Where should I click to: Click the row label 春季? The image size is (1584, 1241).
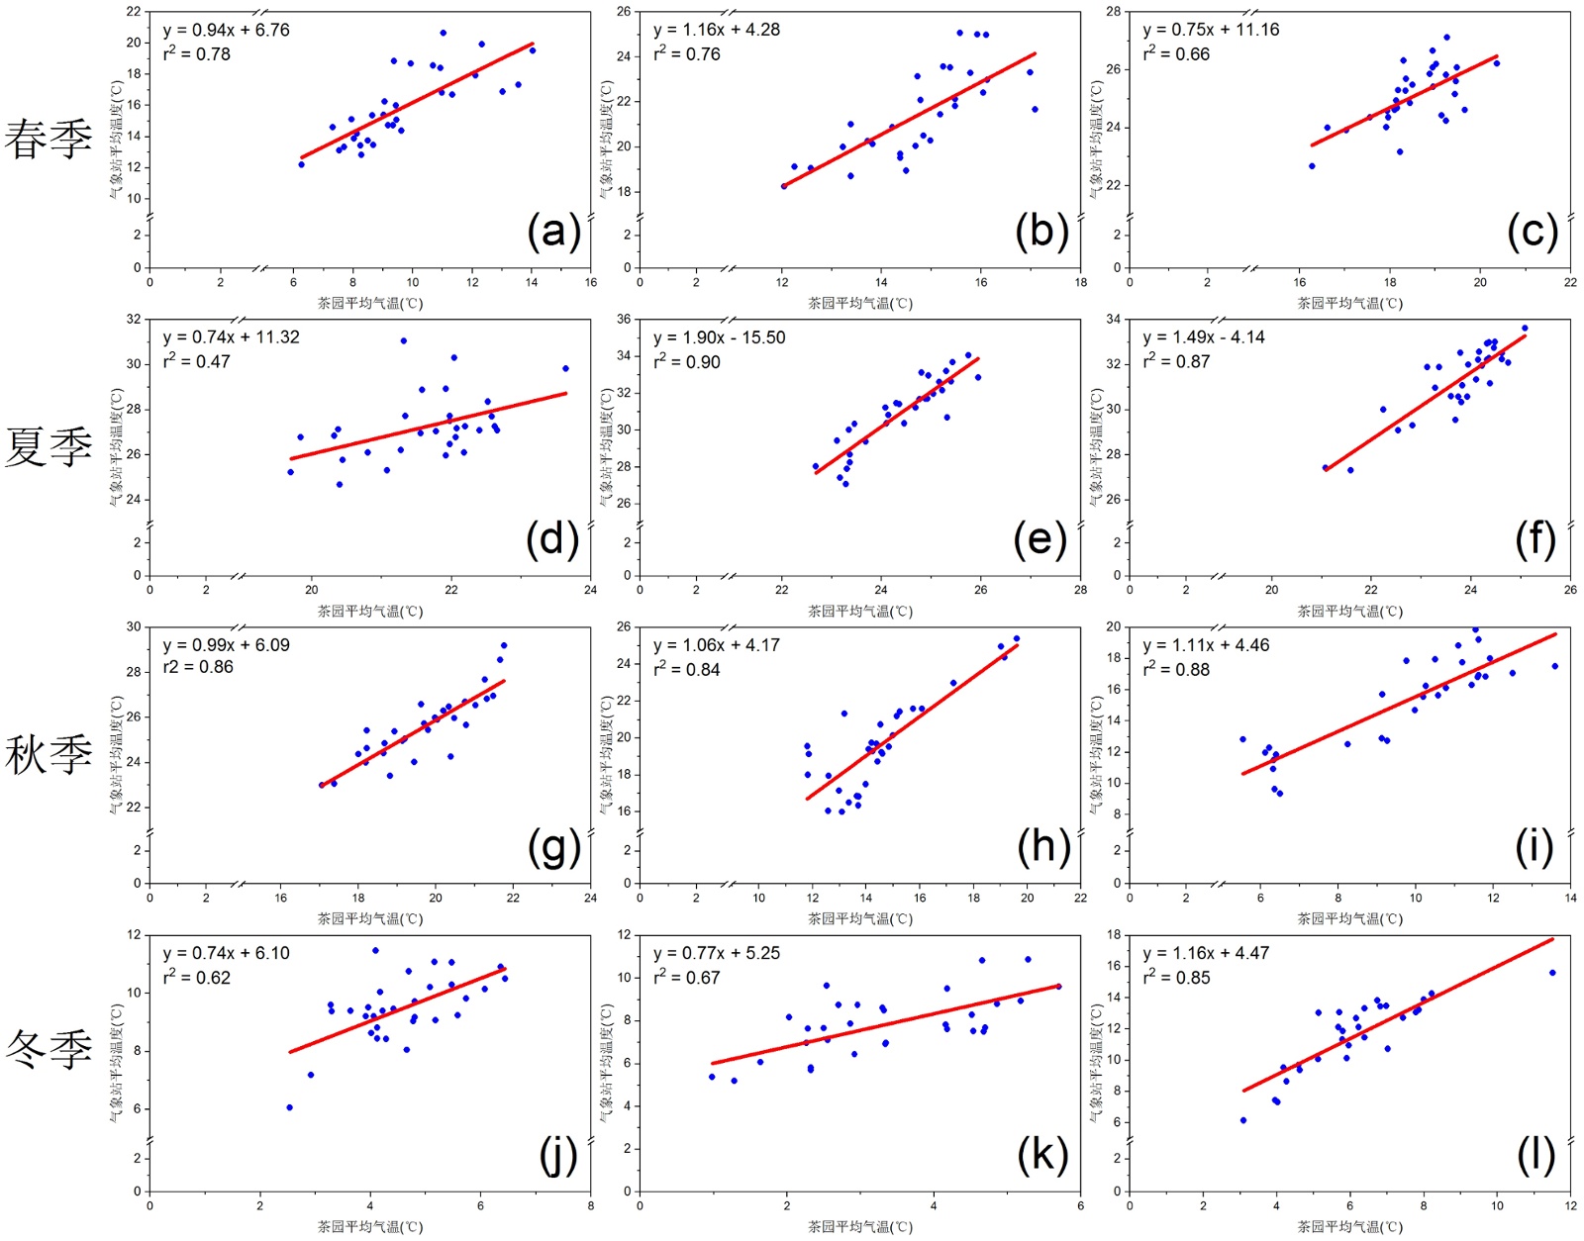[x=49, y=139]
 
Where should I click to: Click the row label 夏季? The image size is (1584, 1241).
[x=49, y=446]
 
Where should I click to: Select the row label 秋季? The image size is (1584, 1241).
[x=49, y=755]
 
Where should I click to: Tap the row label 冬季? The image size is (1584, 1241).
[x=49, y=1049]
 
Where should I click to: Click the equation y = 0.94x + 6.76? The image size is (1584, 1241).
[x=227, y=30]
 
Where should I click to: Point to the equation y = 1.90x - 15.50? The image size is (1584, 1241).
[x=719, y=337]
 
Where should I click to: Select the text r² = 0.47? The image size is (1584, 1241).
[x=197, y=362]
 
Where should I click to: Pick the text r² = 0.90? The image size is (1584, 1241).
[x=687, y=362]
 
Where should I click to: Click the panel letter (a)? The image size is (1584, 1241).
[x=553, y=232]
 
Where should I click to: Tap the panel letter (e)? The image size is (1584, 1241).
[x=1040, y=539]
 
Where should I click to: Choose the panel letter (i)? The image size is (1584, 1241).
[x=1534, y=847]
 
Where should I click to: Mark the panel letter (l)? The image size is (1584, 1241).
[x=1535, y=1155]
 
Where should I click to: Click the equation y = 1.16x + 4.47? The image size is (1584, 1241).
[x=1206, y=953]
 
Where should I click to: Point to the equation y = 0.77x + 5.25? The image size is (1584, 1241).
[x=717, y=953]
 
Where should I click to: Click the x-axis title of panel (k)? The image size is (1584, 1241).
[x=860, y=1227]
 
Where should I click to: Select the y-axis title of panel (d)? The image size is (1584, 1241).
[x=116, y=447]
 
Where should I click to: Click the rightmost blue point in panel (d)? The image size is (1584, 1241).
[x=565, y=368]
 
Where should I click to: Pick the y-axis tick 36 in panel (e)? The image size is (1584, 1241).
[x=624, y=319]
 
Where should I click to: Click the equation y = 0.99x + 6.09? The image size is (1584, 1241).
[x=227, y=645]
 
